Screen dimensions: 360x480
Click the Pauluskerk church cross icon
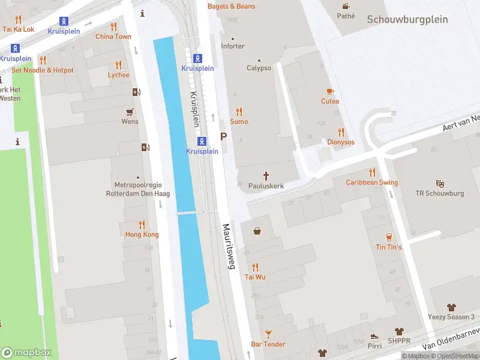click(266, 175)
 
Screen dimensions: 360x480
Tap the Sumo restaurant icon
click(239, 112)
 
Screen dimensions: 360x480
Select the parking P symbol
click(224, 137)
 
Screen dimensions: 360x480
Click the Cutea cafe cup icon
click(329, 91)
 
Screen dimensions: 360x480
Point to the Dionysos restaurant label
click(340, 142)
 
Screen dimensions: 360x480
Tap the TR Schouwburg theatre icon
click(440, 184)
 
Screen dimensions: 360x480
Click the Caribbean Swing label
click(371, 182)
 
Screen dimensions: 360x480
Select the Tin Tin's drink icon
click(389, 236)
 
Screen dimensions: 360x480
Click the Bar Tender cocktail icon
click(268, 334)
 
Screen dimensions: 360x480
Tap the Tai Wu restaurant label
click(255, 277)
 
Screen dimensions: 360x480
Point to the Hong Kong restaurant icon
click(142, 224)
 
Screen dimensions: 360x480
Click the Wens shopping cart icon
click(130, 112)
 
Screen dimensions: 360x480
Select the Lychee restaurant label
click(118, 75)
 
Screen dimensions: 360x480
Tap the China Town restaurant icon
click(113, 26)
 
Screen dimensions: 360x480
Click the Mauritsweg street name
click(228, 246)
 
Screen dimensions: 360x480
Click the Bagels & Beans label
click(231, 6)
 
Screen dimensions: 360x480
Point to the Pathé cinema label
click(346, 16)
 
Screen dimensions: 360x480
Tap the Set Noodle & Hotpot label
click(43, 70)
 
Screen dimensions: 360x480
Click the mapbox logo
click(26, 352)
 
